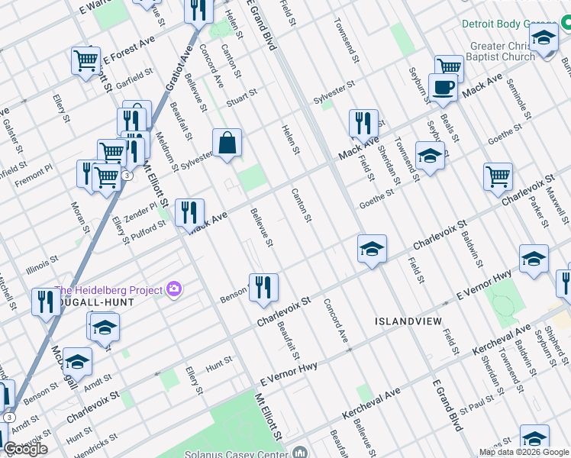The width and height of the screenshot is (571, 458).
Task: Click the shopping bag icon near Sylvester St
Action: pyautogui.click(x=227, y=143)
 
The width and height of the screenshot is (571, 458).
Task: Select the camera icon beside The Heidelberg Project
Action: pyautogui.click(x=175, y=289)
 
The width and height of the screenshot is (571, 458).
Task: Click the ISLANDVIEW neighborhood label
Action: pyautogui.click(x=406, y=321)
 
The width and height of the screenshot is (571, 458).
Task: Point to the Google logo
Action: pyautogui.click(x=25, y=449)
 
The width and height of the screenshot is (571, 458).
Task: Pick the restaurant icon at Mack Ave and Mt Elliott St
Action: pyautogui.click(x=189, y=212)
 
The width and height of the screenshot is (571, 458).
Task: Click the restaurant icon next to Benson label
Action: pyautogui.click(x=263, y=288)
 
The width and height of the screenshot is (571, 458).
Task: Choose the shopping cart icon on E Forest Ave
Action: pyautogui.click(x=85, y=60)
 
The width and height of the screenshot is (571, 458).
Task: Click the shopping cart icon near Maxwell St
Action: pyautogui.click(x=498, y=176)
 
